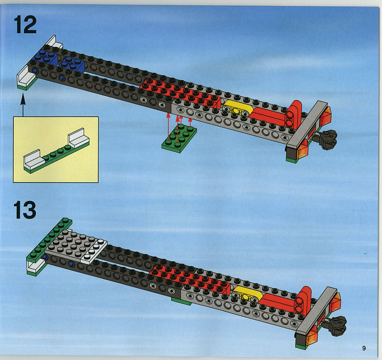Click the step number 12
(25, 24)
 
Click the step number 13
(25, 210)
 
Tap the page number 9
(364, 348)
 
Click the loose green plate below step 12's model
(179, 138)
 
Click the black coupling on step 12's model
(326, 139)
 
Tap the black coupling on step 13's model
(335, 325)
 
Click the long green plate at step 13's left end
(49, 240)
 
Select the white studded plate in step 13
(94, 251)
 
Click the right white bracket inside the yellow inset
(78, 138)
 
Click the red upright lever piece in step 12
(294, 115)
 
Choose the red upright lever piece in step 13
(303, 301)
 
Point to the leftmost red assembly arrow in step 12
(168, 126)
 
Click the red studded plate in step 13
(190, 278)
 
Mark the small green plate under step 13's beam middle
(182, 301)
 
